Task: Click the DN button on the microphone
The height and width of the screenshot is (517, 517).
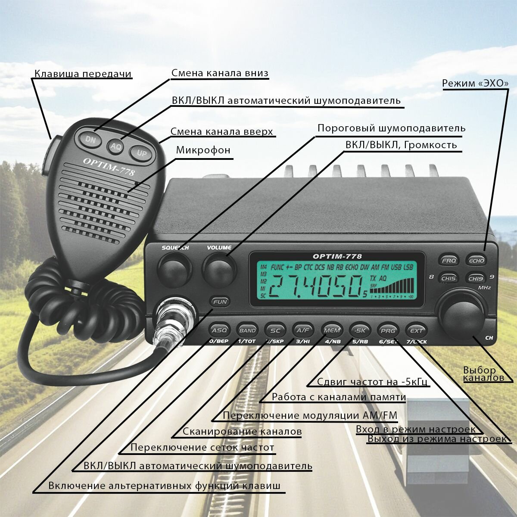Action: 90,139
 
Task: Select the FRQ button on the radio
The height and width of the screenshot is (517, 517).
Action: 449,260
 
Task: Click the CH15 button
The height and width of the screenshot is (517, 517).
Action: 449,278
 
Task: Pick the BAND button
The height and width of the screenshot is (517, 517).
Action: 247,330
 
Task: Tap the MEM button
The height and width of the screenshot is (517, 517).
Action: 332,330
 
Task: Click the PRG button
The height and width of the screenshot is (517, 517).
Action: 388,330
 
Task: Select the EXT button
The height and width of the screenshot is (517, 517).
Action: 416,330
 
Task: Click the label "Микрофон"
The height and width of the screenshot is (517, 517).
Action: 203,150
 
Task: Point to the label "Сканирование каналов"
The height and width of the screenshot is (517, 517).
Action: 242,431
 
